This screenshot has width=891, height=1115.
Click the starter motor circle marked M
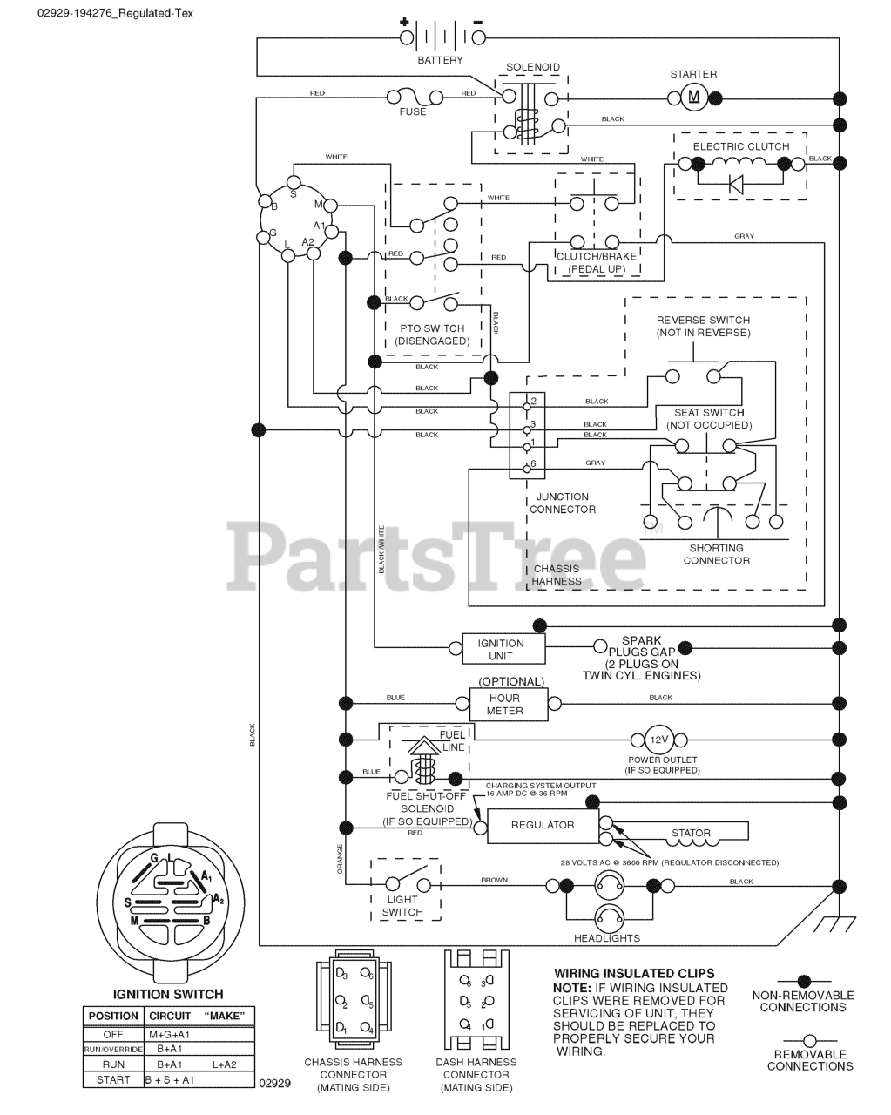(x=694, y=96)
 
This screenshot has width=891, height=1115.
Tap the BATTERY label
(x=441, y=60)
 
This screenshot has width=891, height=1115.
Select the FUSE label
(x=413, y=111)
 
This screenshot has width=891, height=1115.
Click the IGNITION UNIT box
(x=501, y=649)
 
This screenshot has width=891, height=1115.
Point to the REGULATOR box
(x=542, y=825)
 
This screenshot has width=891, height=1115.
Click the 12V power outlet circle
(x=658, y=740)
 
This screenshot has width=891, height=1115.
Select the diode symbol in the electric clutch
(x=735, y=184)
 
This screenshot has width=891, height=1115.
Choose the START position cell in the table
(x=113, y=1080)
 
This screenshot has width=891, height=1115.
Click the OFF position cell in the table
(x=113, y=1034)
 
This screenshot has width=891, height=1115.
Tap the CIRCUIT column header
(x=170, y=1016)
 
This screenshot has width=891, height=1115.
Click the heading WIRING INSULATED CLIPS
(x=634, y=973)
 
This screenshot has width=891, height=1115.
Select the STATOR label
(x=691, y=833)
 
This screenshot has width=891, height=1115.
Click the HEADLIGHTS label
(x=607, y=938)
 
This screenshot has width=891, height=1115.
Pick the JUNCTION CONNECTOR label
(x=563, y=503)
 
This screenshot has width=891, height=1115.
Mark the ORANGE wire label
(x=340, y=858)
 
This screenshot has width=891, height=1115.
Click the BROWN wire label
(x=494, y=881)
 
